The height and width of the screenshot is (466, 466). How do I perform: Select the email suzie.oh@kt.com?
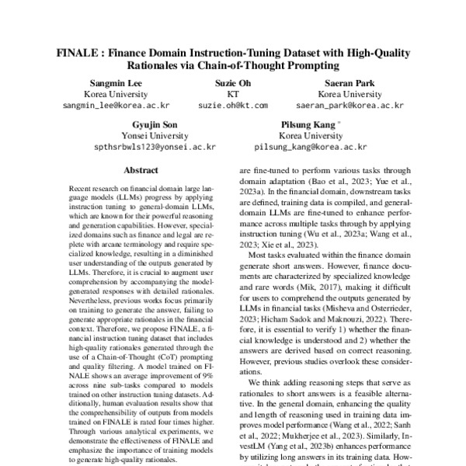232,104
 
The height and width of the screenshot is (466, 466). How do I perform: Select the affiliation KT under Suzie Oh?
232,93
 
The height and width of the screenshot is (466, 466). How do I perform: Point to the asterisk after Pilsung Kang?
339,122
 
